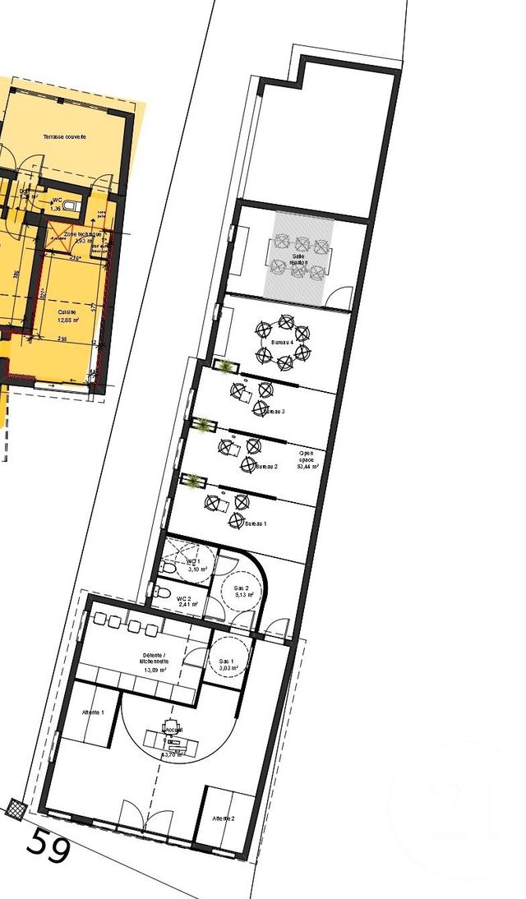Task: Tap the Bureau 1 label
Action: (255, 523)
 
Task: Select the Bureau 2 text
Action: (266, 467)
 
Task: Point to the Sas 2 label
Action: (242, 592)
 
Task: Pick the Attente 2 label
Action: (224, 819)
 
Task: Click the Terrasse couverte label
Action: (65, 136)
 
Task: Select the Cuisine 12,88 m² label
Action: (68, 316)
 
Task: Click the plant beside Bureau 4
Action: (223, 365)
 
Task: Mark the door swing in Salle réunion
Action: (339, 297)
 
